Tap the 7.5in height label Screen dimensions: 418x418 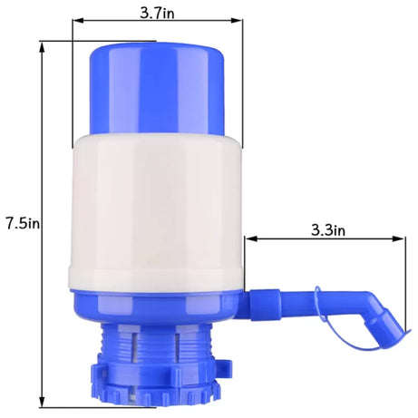(21, 222)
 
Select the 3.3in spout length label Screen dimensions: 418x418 (326, 229)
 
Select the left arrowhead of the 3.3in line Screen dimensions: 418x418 (248, 239)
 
